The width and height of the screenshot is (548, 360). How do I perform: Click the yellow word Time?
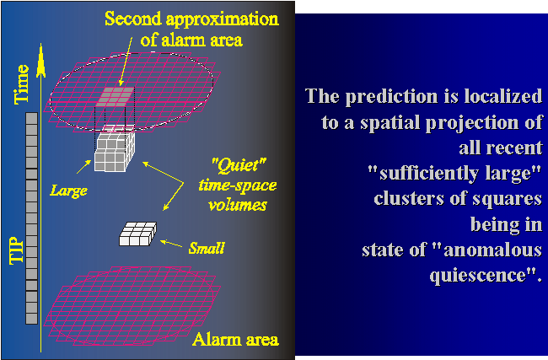point(21,84)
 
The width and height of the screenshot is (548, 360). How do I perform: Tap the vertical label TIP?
point(17,250)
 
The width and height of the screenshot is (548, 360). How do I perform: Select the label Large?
point(69,191)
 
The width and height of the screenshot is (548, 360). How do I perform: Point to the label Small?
point(207,248)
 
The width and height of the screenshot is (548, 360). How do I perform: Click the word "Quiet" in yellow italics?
point(239,165)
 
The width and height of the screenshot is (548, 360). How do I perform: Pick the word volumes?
point(238,205)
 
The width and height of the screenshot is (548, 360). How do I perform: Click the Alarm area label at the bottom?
point(235,340)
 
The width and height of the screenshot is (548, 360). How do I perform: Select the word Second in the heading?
point(133,19)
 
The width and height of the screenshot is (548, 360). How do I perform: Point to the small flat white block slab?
point(138,234)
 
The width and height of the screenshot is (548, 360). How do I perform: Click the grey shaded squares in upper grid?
point(116,97)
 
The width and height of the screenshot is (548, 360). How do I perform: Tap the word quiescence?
point(478,276)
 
